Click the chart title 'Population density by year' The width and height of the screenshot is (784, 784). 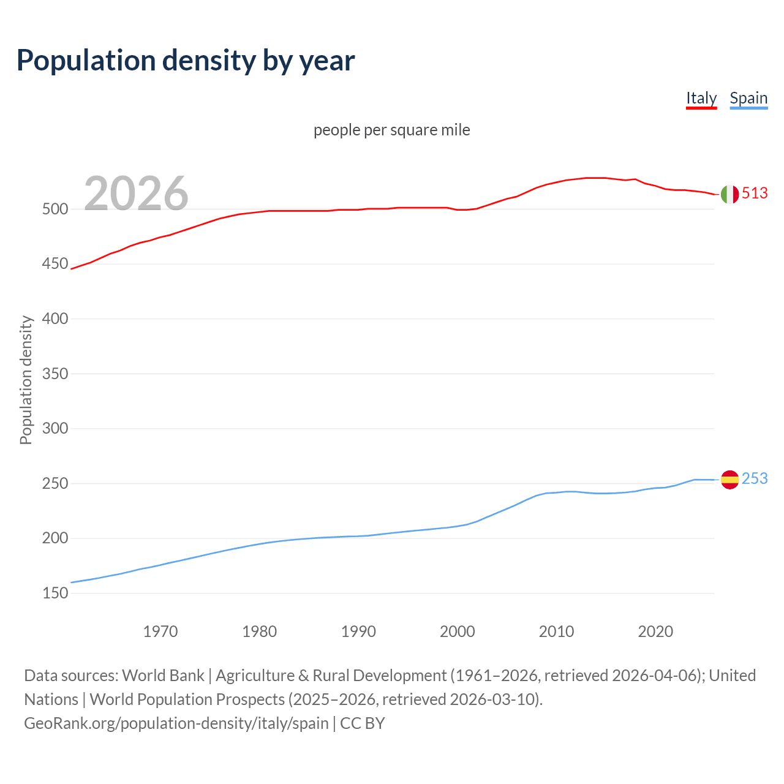[186, 60]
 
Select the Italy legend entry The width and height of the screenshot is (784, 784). [701, 98]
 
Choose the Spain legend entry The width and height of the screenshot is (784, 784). [748, 98]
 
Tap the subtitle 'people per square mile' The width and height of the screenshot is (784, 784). [391, 130]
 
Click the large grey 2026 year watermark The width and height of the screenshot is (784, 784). [136, 193]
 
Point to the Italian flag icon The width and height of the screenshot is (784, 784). [729, 194]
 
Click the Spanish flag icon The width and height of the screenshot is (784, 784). [729, 479]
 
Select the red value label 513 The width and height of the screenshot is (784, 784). [755, 193]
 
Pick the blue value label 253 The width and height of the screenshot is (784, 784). [755, 478]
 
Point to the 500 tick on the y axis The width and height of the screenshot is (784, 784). [55, 209]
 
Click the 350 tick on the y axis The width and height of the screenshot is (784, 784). [55, 374]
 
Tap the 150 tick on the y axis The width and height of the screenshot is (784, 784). [55, 593]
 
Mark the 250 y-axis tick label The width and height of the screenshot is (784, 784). [55, 483]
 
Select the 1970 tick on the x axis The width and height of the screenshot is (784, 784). [160, 631]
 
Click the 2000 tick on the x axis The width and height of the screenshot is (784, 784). [458, 631]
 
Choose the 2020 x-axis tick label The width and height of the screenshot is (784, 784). [655, 631]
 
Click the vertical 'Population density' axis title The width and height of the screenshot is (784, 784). [26, 380]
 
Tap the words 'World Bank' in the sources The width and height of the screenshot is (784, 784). [163, 675]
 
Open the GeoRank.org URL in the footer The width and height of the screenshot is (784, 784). [176, 723]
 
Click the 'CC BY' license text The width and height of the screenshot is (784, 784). [363, 723]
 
